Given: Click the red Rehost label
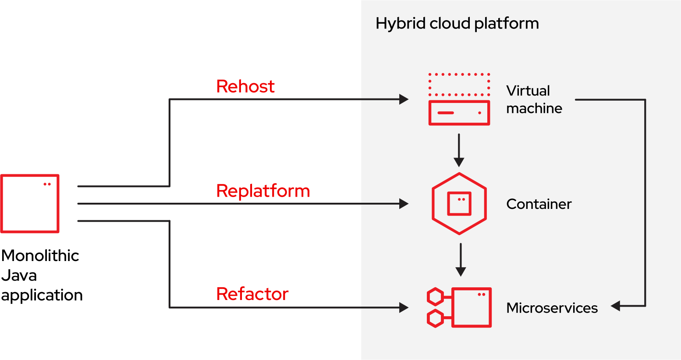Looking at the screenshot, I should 245,87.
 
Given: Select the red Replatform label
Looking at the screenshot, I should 263,191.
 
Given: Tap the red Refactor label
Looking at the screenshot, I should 252,294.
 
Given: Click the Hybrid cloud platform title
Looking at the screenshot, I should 457,23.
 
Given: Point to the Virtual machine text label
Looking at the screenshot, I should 534,99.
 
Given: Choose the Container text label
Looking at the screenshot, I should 539,204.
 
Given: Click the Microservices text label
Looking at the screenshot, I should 552,308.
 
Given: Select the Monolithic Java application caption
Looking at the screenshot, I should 41,275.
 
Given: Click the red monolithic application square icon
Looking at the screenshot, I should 30,204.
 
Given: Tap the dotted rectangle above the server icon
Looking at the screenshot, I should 459,85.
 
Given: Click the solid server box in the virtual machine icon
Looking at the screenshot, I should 459,113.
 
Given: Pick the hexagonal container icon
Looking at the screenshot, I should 459,204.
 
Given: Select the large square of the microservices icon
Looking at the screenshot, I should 471,307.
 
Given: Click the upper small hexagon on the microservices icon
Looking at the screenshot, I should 435,296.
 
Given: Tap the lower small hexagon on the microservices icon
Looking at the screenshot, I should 435,318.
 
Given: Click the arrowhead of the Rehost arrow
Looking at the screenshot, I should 404,99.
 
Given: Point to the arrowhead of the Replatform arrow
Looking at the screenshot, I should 404,204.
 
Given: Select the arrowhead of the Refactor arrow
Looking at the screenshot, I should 404,307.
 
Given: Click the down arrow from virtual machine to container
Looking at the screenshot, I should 459,150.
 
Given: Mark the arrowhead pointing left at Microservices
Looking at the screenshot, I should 615,306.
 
